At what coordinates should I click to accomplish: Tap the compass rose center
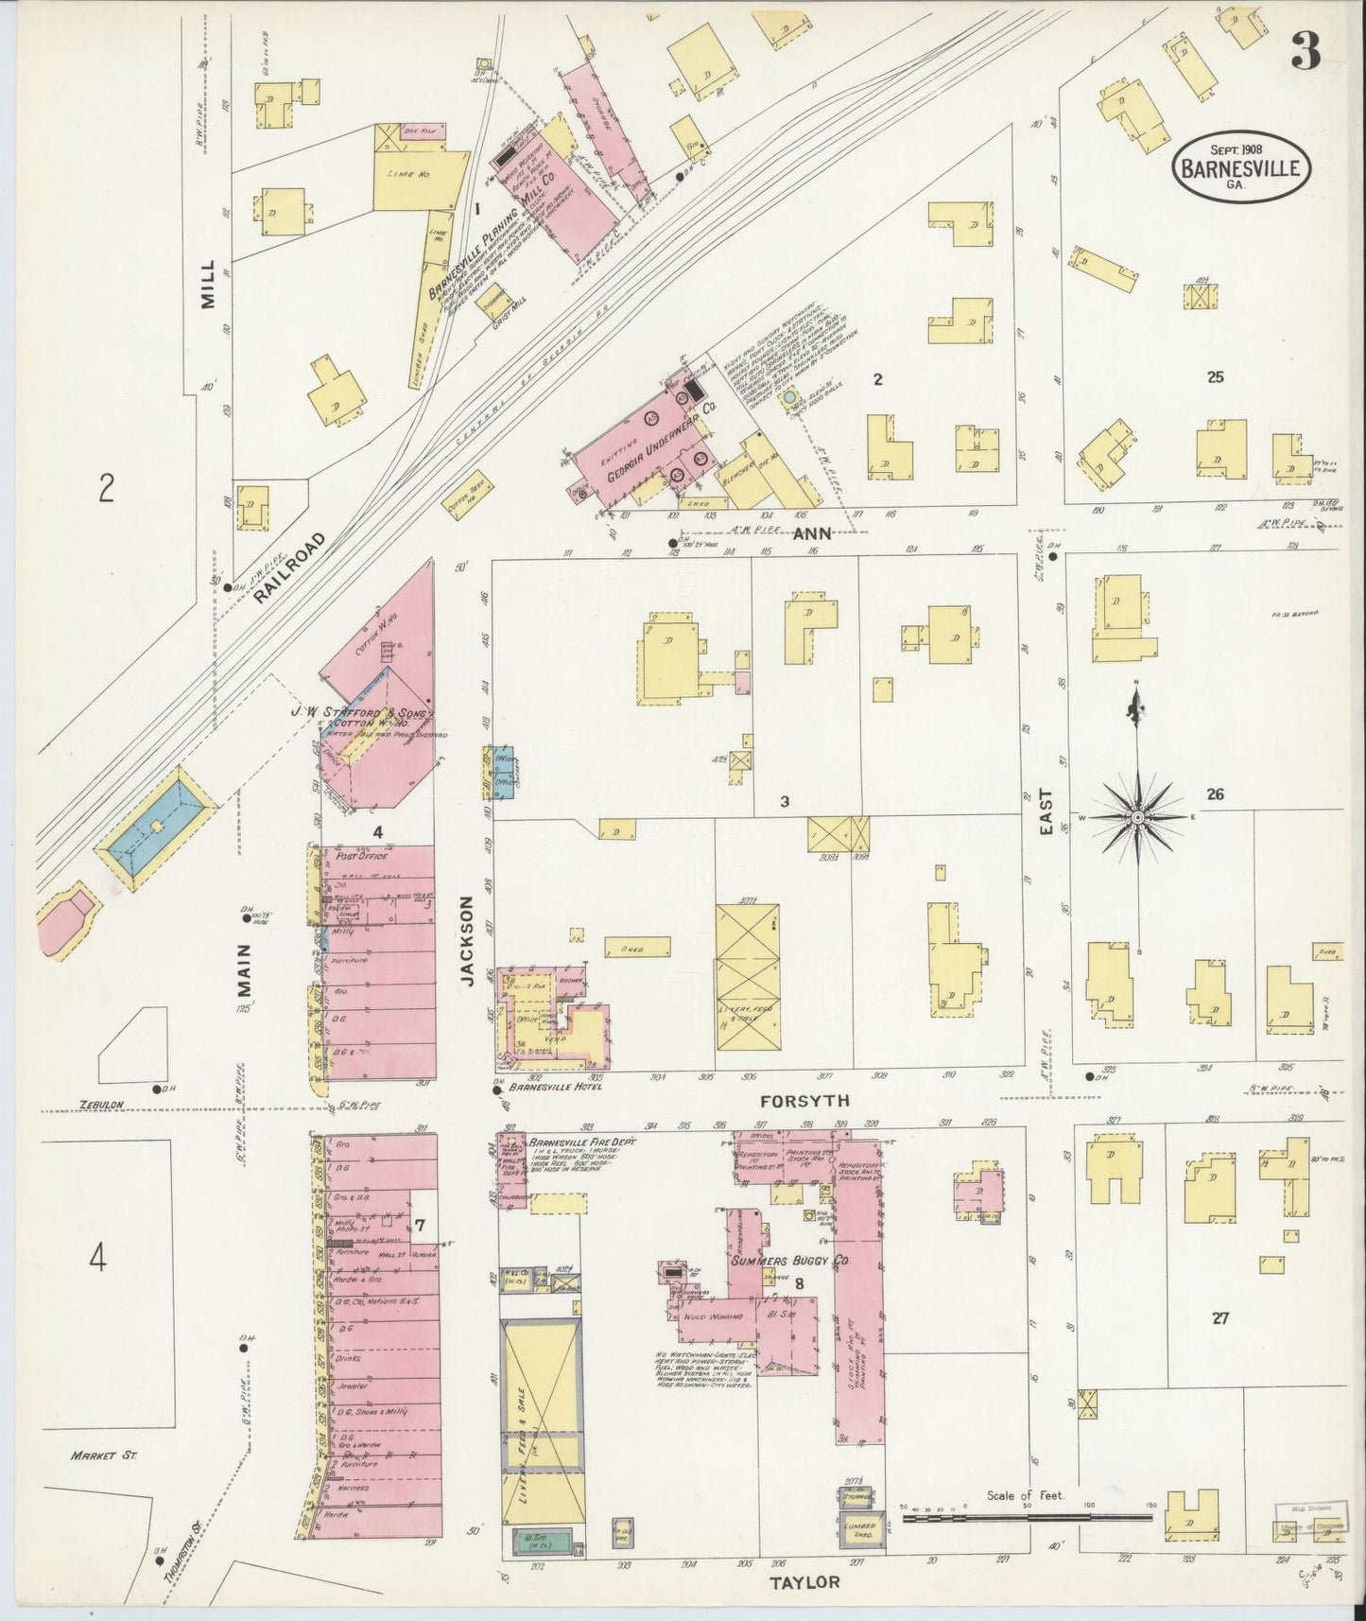(1138, 816)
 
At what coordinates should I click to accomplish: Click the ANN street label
(811, 533)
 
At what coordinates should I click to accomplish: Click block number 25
(1215, 376)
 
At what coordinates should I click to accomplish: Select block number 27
(1219, 1317)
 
